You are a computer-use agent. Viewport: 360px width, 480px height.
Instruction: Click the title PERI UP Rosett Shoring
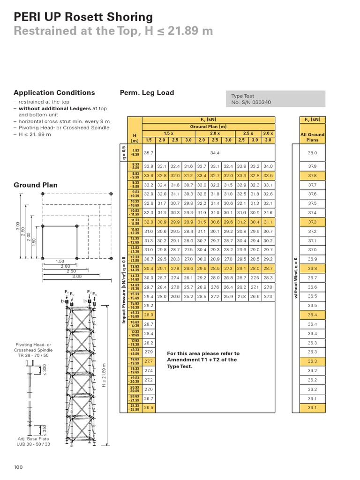click(83, 17)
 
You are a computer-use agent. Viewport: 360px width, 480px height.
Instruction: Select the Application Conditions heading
click(54, 93)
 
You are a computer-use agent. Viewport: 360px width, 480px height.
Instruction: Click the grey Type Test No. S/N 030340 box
click(275, 99)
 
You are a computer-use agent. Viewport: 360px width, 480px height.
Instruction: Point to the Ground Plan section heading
click(36, 185)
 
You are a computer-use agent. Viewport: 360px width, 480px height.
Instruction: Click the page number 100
click(18, 467)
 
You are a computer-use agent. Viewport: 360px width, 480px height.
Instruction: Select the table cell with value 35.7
click(149, 153)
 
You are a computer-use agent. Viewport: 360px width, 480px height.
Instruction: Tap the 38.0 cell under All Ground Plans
click(312, 153)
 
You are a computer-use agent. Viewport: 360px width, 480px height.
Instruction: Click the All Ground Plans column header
click(312, 137)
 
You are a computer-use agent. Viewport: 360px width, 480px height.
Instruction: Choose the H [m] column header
click(135, 137)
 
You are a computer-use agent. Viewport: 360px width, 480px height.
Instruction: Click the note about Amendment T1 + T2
click(203, 360)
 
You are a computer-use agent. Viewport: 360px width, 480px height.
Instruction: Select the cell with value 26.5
click(149, 408)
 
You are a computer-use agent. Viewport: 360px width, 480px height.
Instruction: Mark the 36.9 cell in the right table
click(312, 259)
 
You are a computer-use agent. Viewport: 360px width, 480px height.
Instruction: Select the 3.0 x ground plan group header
click(268, 133)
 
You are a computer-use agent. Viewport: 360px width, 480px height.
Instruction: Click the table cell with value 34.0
click(268, 166)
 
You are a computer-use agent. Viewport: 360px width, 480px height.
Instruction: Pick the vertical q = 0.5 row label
click(123, 153)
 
